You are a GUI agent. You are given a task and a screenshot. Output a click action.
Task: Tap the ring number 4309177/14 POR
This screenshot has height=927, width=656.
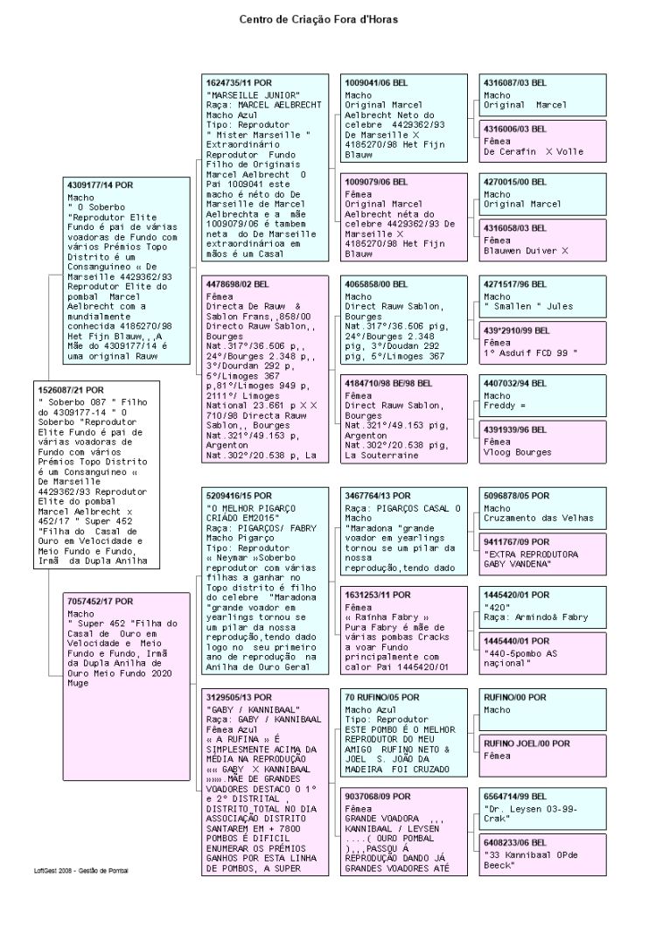click(x=100, y=186)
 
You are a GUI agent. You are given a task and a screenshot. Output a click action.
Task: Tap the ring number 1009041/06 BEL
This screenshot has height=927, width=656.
click(x=376, y=82)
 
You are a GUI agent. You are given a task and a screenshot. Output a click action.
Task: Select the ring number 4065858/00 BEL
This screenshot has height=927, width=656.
click(x=376, y=285)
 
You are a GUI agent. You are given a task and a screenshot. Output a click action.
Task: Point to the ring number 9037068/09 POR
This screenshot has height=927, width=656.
click(x=377, y=797)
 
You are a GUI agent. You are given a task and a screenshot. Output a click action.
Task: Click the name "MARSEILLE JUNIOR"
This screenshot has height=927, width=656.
click(x=253, y=94)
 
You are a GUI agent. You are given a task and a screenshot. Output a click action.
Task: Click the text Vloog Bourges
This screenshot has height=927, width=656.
click(x=518, y=453)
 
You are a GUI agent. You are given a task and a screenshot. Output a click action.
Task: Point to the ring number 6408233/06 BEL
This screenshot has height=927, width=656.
click(x=516, y=842)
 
